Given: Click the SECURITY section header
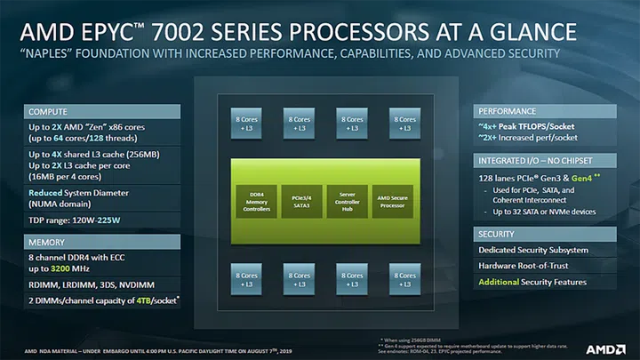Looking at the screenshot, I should click(498, 233).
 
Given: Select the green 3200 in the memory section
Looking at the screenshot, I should click(74, 267).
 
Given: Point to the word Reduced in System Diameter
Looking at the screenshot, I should click(45, 193).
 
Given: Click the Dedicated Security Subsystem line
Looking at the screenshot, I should click(533, 250).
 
